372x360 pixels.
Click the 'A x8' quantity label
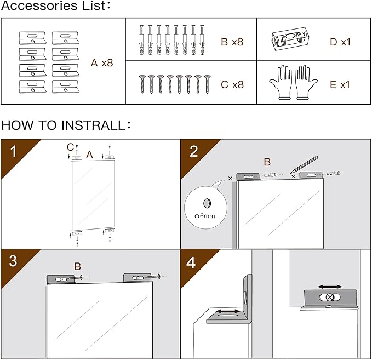coord(102,63)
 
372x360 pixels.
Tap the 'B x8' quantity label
coord(232,42)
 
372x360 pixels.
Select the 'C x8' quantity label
coord(232,84)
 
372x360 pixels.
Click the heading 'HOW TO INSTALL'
coord(66,125)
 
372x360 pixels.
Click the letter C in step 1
coord(70,146)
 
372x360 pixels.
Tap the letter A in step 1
coord(89,155)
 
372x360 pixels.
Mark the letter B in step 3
coord(78,266)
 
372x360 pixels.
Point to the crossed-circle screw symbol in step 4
coord(330,297)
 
